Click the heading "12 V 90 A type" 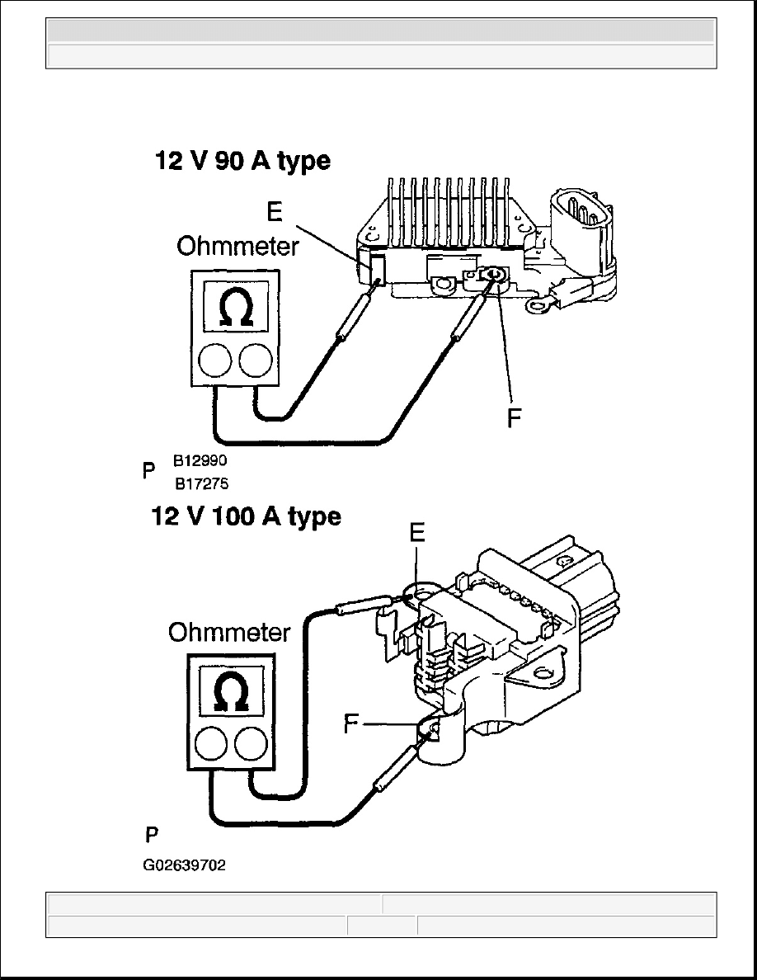pyautogui.click(x=242, y=161)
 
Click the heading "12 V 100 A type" pyautogui.click(x=247, y=517)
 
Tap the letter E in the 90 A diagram pyautogui.click(x=275, y=212)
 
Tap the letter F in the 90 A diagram pyautogui.click(x=514, y=418)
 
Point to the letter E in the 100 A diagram pyautogui.click(x=417, y=533)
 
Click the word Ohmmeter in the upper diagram pyautogui.click(x=238, y=247)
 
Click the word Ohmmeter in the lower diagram pyautogui.click(x=229, y=633)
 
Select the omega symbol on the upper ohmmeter pyautogui.click(x=236, y=309)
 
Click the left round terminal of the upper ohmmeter pyautogui.click(x=215, y=360)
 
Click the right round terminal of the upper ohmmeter pyautogui.click(x=256, y=360)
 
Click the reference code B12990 pyautogui.click(x=200, y=460)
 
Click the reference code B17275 pyautogui.click(x=202, y=483)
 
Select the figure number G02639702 pyautogui.click(x=184, y=865)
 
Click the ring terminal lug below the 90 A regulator pyautogui.click(x=538, y=306)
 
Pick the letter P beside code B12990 pyautogui.click(x=148, y=471)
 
